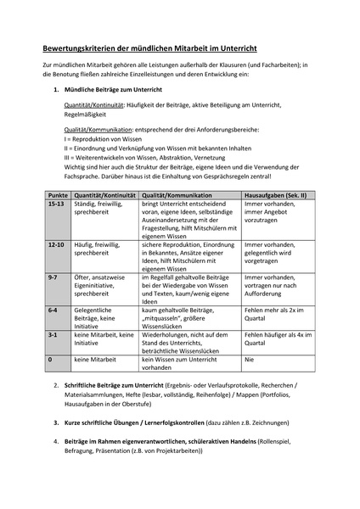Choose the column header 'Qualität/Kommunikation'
point(178,194)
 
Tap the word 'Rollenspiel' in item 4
point(290,441)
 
